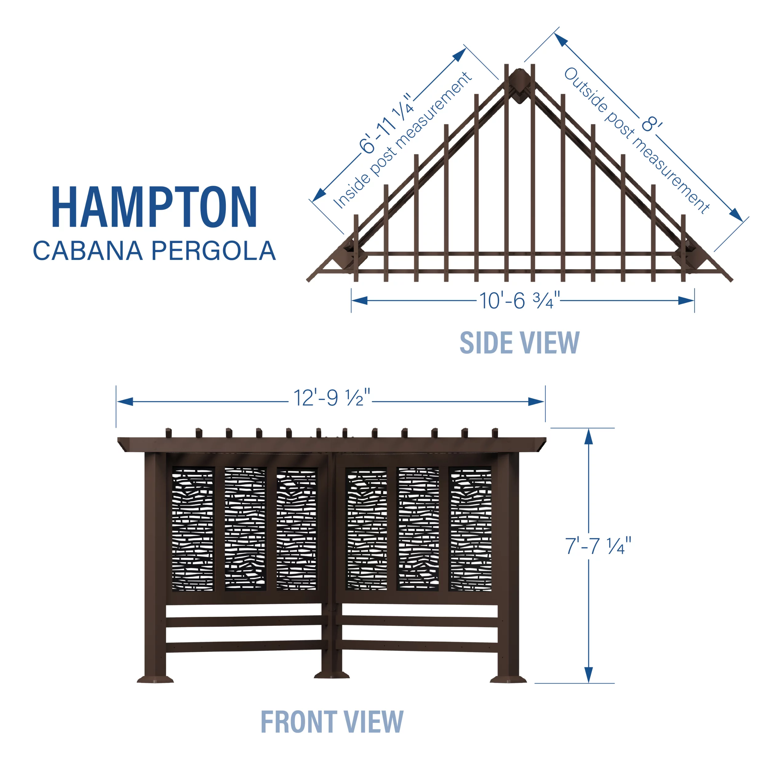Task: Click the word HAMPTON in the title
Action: (x=154, y=207)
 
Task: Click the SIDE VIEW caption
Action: (x=520, y=343)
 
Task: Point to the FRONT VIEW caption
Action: (x=332, y=722)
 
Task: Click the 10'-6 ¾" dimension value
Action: (x=520, y=301)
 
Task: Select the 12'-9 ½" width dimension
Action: (x=332, y=398)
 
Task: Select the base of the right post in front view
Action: (x=508, y=679)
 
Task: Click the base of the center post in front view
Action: (x=332, y=675)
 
